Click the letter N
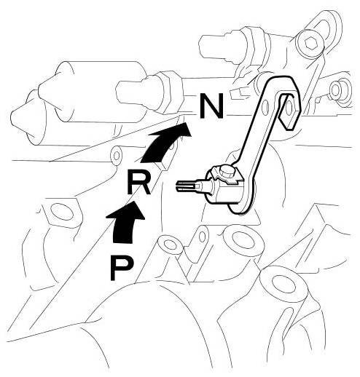(x=211, y=106)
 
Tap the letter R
(x=138, y=182)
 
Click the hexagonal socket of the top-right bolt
(x=310, y=44)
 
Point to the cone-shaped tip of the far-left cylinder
(x=20, y=118)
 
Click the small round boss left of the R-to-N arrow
(x=117, y=156)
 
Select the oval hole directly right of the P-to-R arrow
(x=170, y=245)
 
